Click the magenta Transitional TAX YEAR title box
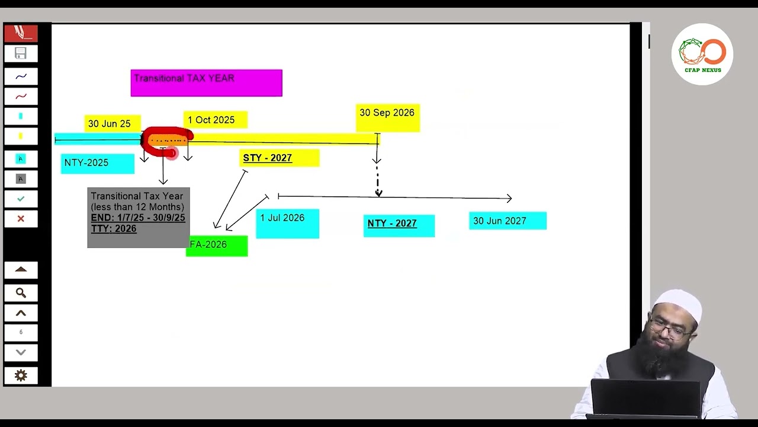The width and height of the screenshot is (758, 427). tap(206, 83)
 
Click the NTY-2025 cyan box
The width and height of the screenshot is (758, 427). tap(98, 163)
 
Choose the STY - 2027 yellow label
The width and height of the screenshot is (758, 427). tap(280, 158)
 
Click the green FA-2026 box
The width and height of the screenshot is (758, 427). tap(217, 246)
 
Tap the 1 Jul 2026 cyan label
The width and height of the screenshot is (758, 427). tap(288, 223)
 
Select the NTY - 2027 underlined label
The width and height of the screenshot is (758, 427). tap(399, 225)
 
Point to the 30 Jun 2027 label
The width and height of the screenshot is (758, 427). tap(508, 221)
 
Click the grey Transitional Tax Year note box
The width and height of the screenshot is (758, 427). tap(138, 217)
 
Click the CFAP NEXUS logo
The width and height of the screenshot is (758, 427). tap(702, 54)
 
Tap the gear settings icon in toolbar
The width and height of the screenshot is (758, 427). tap(21, 375)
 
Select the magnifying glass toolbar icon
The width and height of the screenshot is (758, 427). tap(21, 292)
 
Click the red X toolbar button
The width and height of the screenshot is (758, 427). tap(21, 219)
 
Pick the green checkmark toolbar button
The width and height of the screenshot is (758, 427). tap(21, 199)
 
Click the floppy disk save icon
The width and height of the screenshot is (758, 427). tap(21, 53)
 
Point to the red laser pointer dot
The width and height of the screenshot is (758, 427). tap(171, 154)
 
